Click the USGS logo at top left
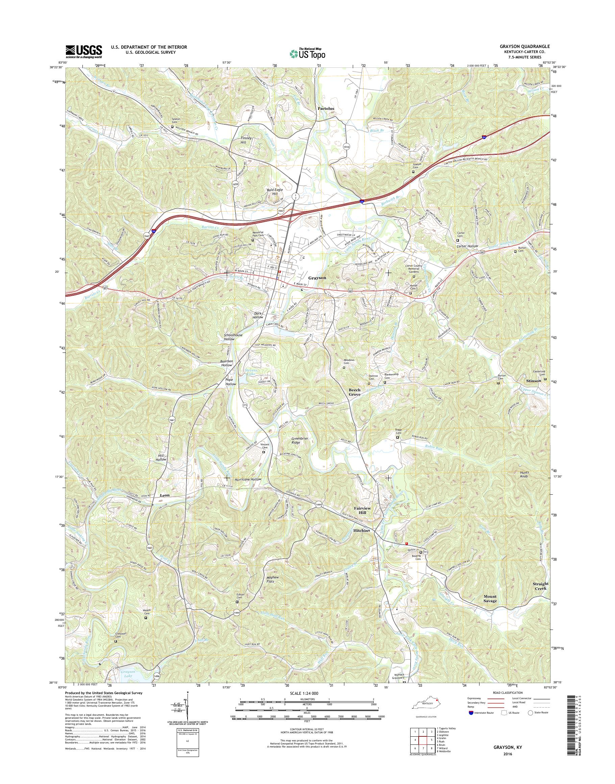coord(83,51)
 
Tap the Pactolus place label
coord(325,108)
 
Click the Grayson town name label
coord(317,278)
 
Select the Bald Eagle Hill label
coord(274,192)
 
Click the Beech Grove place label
coord(354,392)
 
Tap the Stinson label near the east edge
coord(534,381)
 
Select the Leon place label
coord(164,495)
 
